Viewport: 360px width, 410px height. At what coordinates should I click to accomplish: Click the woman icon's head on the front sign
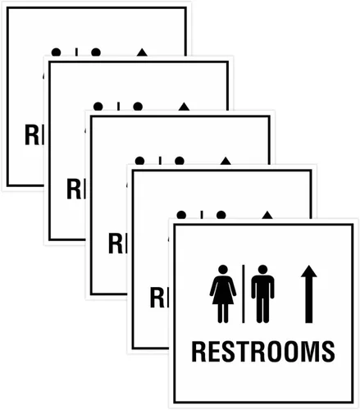click(223, 270)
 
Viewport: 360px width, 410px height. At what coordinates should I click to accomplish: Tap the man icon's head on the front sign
click(262, 270)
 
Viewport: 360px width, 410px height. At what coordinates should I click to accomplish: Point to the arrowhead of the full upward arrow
click(309, 271)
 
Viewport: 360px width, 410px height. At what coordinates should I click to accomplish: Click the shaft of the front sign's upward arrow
click(309, 300)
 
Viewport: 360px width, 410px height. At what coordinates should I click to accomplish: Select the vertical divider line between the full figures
click(244, 294)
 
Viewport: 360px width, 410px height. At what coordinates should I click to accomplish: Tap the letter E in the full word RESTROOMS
click(206, 352)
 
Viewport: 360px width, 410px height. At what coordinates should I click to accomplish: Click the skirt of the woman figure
click(223, 297)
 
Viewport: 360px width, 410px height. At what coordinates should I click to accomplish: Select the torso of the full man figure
click(262, 287)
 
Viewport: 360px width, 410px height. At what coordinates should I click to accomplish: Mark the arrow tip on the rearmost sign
click(142, 52)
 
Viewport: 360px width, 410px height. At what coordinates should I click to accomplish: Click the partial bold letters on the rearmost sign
click(34, 134)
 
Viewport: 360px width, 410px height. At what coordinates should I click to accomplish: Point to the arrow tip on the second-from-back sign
click(184, 107)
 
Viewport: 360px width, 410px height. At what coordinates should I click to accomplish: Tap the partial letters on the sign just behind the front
click(159, 298)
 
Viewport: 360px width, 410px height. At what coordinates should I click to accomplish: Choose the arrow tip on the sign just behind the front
click(267, 215)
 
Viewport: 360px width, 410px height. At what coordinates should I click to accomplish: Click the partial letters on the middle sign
click(117, 244)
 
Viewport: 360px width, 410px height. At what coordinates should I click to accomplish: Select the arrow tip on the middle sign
click(226, 161)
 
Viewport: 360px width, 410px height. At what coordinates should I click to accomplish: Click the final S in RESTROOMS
click(327, 352)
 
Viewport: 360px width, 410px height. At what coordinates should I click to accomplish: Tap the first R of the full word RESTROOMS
click(199, 352)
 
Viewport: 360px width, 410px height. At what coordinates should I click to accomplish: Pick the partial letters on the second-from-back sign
click(76, 189)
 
